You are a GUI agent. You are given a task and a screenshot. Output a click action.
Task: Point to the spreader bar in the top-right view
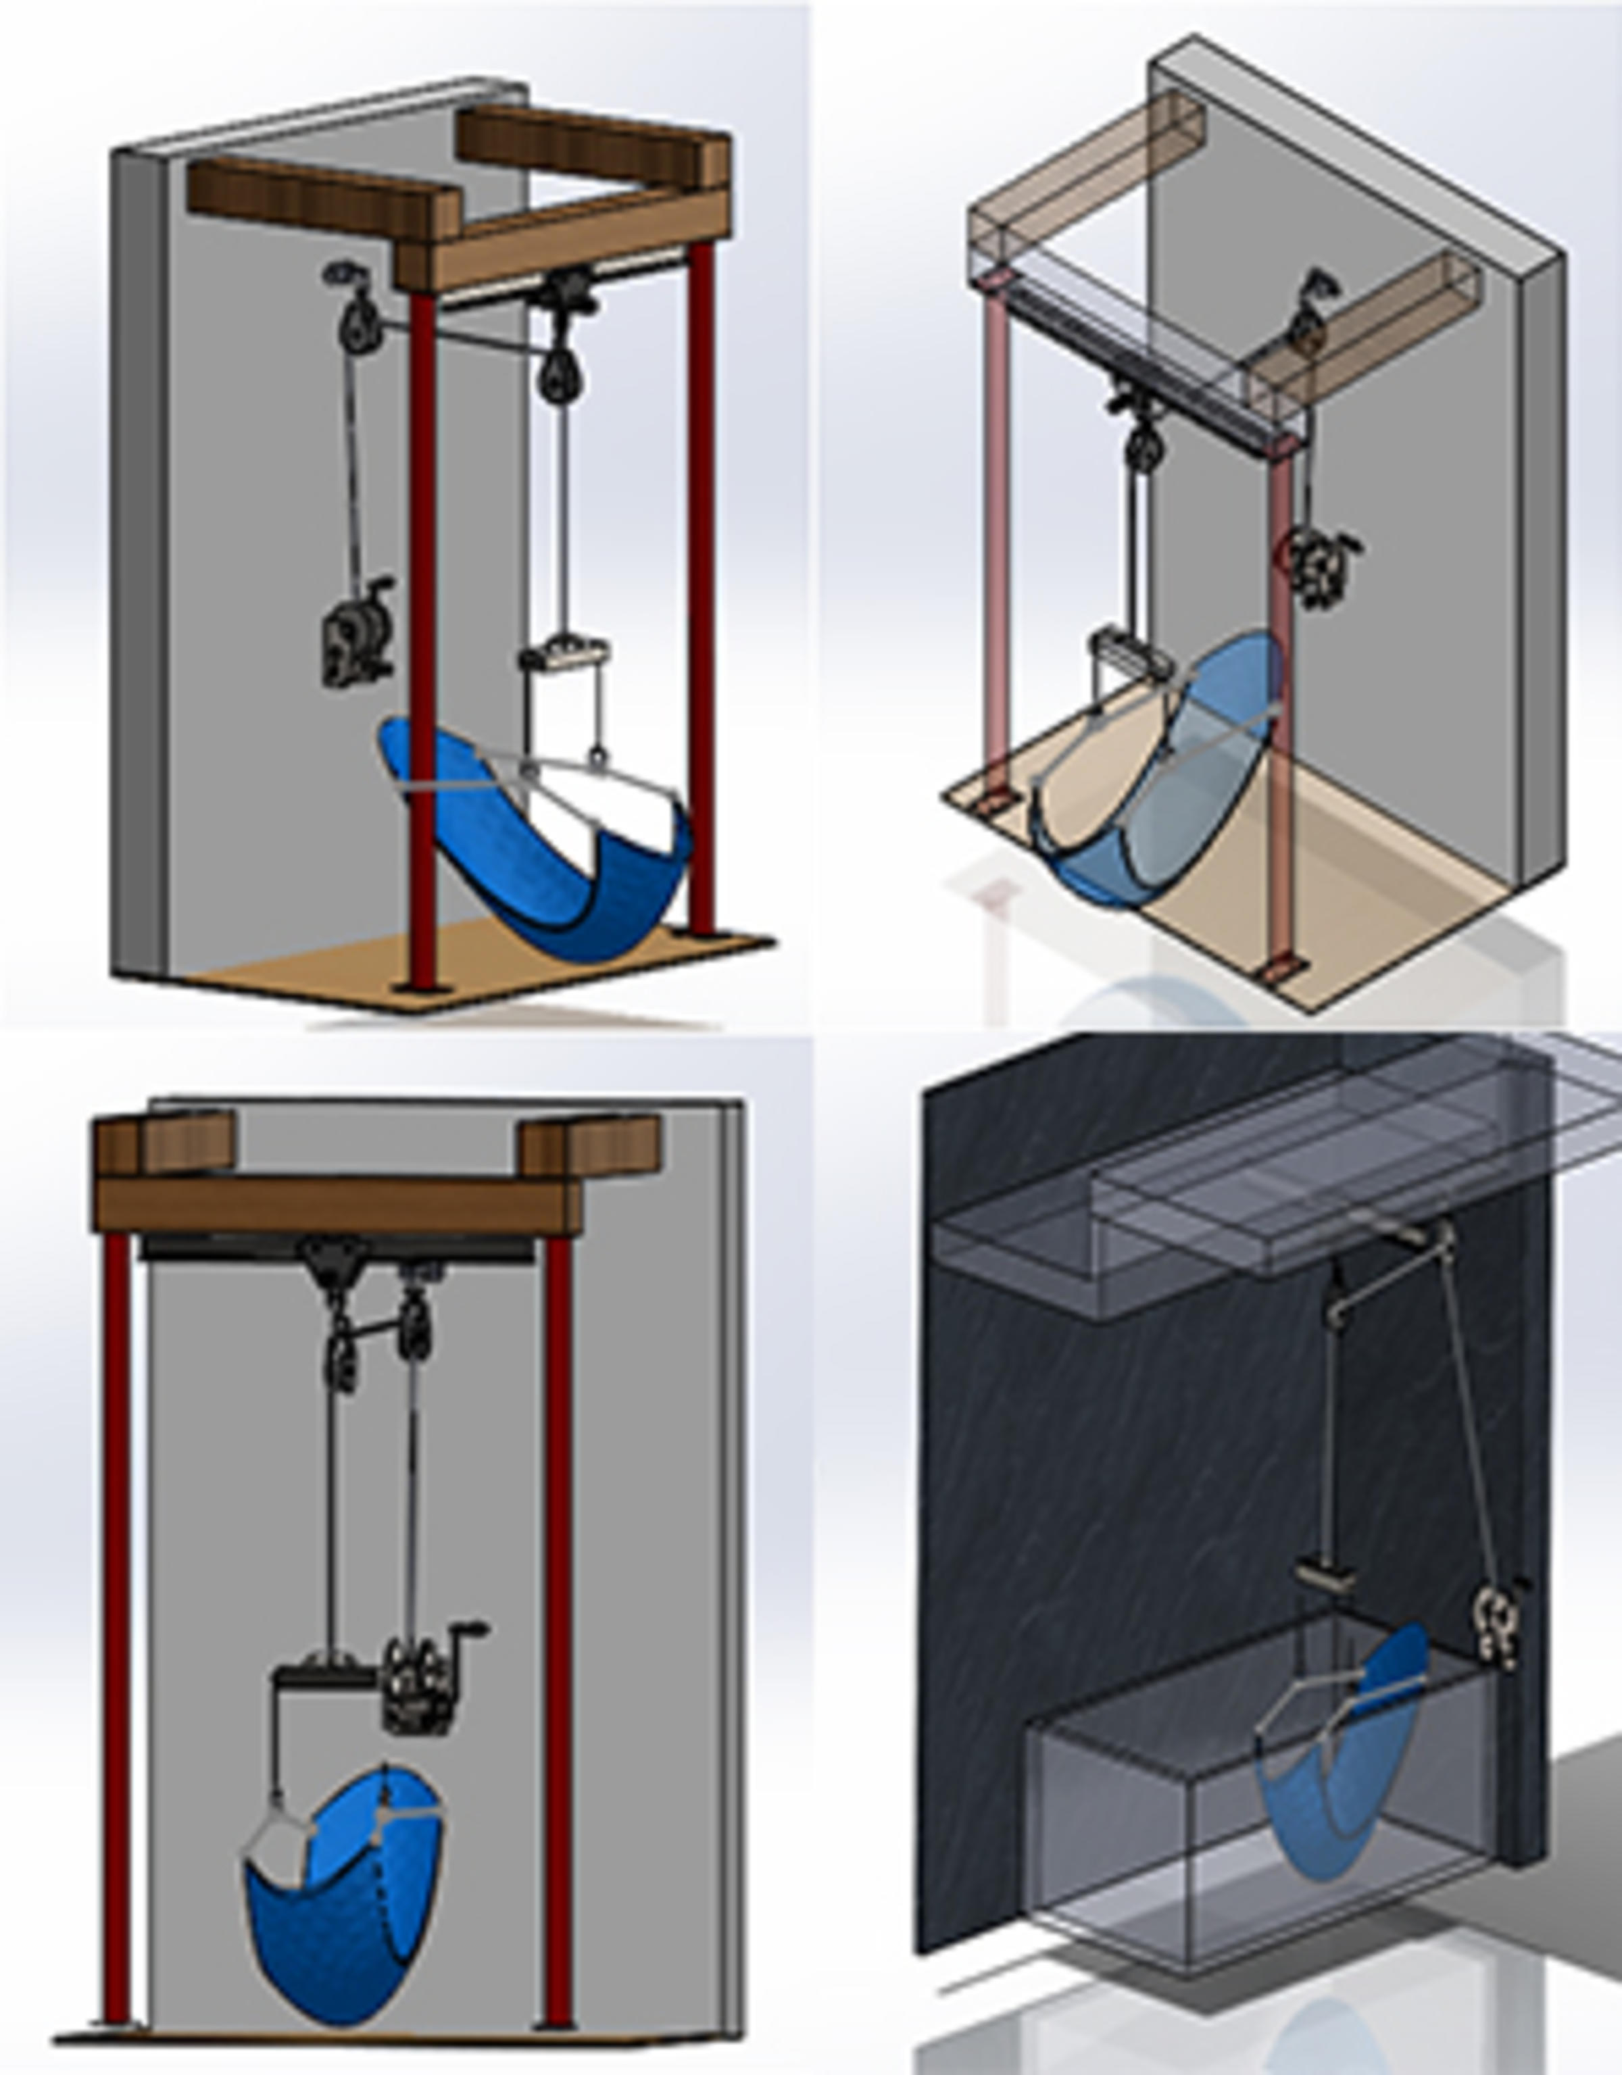click(x=1126, y=651)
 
